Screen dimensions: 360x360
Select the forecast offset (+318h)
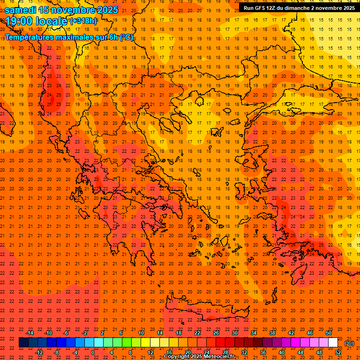coord(83,21)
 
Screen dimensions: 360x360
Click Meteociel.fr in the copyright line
coord(217,357)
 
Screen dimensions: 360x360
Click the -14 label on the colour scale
coord(30,333)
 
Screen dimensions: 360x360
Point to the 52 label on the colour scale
coord(338,352)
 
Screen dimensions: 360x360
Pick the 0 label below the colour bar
coord(93,352)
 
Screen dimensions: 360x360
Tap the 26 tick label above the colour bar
coord(216,333)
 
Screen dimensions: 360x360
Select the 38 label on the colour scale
coord(272,333)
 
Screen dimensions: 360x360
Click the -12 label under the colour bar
coord(39,352)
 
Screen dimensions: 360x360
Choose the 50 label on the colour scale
coord(329,333)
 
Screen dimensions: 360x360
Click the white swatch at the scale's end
coord(333,343)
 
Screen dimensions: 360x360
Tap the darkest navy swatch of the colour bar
coord(23,343)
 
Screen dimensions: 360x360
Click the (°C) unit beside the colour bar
coord(349,343)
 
